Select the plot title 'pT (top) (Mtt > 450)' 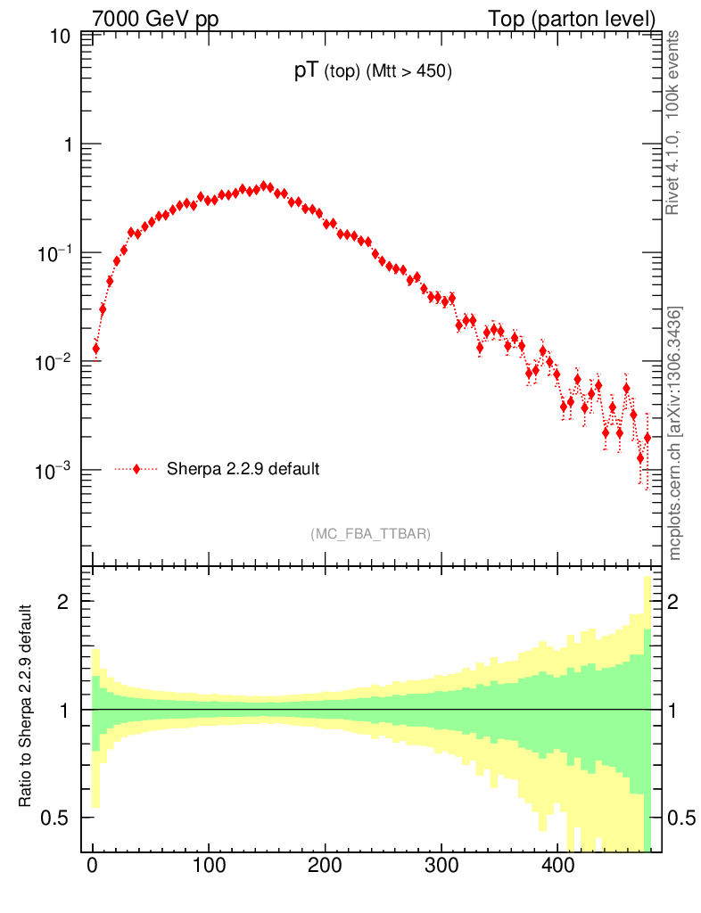pyautogui.click(x=374, y=73)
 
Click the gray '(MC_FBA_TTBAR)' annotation pyautogui.click(x=371, y=534)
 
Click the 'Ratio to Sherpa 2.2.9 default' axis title pyautogui.click(x=26, y=707)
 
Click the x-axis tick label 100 pyautogui.click(x=209, y=866)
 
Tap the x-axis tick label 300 pyautogui.click(x=441, y=866)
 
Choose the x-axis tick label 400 pyautogui.click(x=557, y=866)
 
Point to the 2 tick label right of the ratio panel pyautogui.click(x=674, y=602)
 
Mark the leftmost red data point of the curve pyautogui.click(x=95, y=349)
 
